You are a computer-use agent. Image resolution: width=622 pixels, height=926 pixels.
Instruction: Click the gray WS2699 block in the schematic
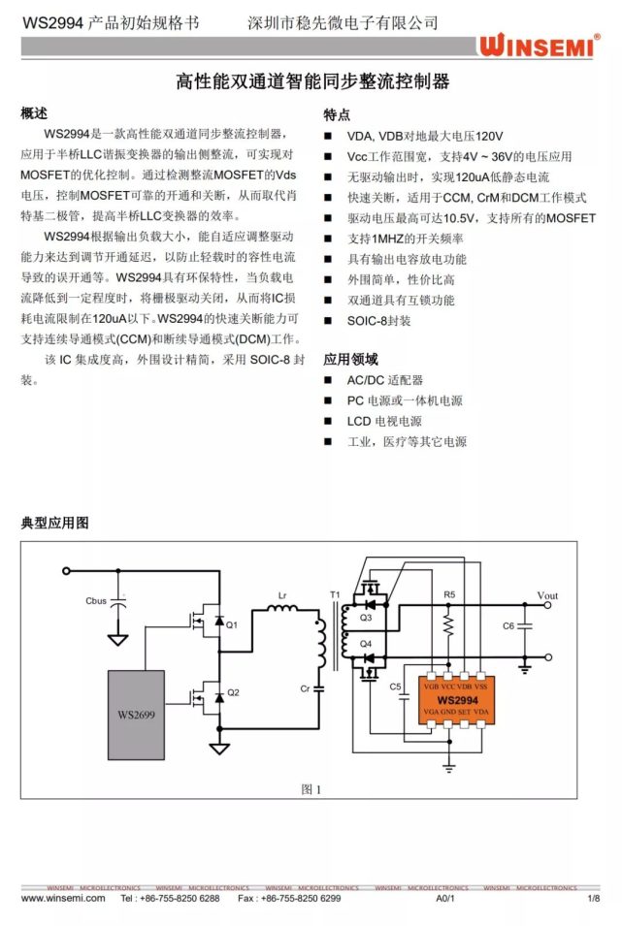(136, 713)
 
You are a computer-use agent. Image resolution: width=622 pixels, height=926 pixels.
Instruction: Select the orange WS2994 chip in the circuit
(456, 700)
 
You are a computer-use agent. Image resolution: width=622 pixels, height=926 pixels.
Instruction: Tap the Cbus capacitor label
(96, 601)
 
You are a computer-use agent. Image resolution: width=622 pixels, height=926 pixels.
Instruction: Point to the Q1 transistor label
(232, 625)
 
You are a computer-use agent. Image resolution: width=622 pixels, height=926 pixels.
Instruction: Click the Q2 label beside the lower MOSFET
(232, 693)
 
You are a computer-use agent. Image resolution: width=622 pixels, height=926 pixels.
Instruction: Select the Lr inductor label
(282, 594)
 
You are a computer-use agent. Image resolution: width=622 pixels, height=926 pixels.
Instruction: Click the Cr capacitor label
(305, 688)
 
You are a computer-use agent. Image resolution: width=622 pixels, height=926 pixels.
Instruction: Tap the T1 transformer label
(335, 594)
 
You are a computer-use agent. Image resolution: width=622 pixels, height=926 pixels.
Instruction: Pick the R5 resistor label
(448, 592)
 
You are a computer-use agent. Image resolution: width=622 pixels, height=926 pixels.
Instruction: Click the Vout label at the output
(547, 595)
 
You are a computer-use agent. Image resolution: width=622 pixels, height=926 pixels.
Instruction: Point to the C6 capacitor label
(507, 626)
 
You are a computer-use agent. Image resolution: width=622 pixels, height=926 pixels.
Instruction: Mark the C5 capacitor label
(395, 687)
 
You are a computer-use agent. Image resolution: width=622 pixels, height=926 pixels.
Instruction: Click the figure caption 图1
(311, 789)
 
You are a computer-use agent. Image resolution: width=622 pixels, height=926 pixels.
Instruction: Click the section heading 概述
(34, 113)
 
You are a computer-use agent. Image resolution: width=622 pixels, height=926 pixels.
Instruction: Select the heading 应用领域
(350, 359)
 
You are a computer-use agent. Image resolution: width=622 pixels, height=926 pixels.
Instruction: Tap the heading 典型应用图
(54, 523)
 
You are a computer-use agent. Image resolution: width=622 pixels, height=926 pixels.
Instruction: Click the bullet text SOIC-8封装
(378, 320)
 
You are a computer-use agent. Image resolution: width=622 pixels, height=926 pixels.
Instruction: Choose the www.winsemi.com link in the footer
(62, 899)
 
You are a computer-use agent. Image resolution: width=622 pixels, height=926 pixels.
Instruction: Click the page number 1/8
(594, 899)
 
